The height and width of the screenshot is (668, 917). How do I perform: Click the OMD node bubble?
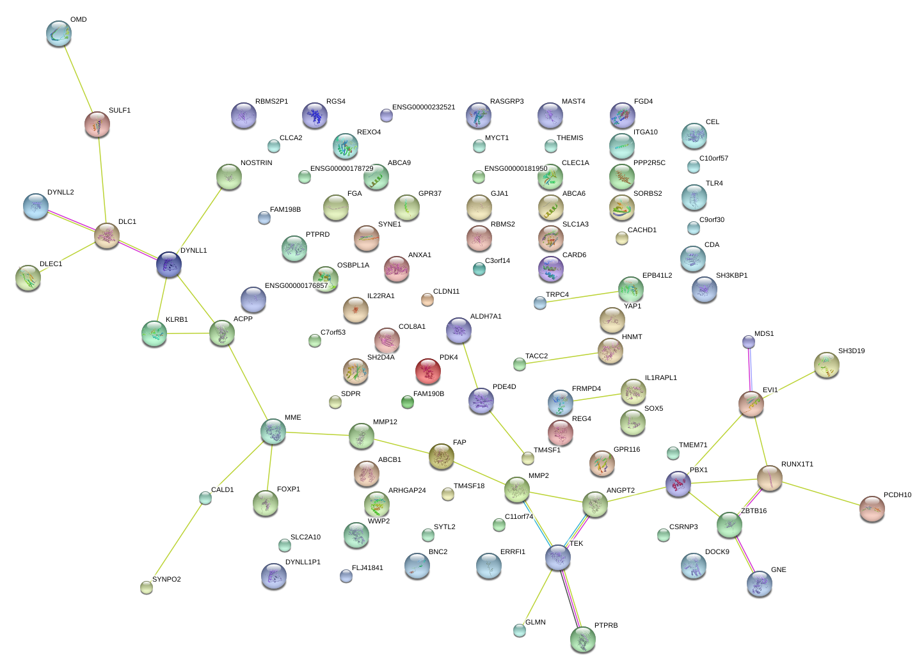click(59, 33)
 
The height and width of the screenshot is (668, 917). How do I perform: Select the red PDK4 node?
click(428, 370)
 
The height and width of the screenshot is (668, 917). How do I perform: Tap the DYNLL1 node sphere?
click(169, 264)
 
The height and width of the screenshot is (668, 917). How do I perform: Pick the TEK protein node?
click(558, 558)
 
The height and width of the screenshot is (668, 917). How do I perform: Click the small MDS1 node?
click(749, 342)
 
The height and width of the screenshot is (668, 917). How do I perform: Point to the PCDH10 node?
click(872, 509)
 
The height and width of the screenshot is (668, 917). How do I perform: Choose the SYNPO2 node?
click(147, 587)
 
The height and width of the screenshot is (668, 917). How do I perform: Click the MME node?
click(273, 432)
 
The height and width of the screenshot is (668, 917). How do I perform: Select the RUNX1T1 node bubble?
click(769, 478)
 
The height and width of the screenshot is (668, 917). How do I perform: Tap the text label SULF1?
click(120, 111)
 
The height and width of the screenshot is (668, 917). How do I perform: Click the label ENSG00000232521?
click(424, 107)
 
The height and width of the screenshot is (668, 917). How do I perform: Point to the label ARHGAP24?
click(407, 491)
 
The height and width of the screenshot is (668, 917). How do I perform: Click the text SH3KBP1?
click(731, 276)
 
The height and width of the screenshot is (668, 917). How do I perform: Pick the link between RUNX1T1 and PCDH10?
click(821, 493)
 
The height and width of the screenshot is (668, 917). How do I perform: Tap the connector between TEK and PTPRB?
click(570, 598)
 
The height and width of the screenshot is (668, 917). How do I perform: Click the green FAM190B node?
click(408, 402)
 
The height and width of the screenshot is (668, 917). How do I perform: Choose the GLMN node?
click(520, 630)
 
